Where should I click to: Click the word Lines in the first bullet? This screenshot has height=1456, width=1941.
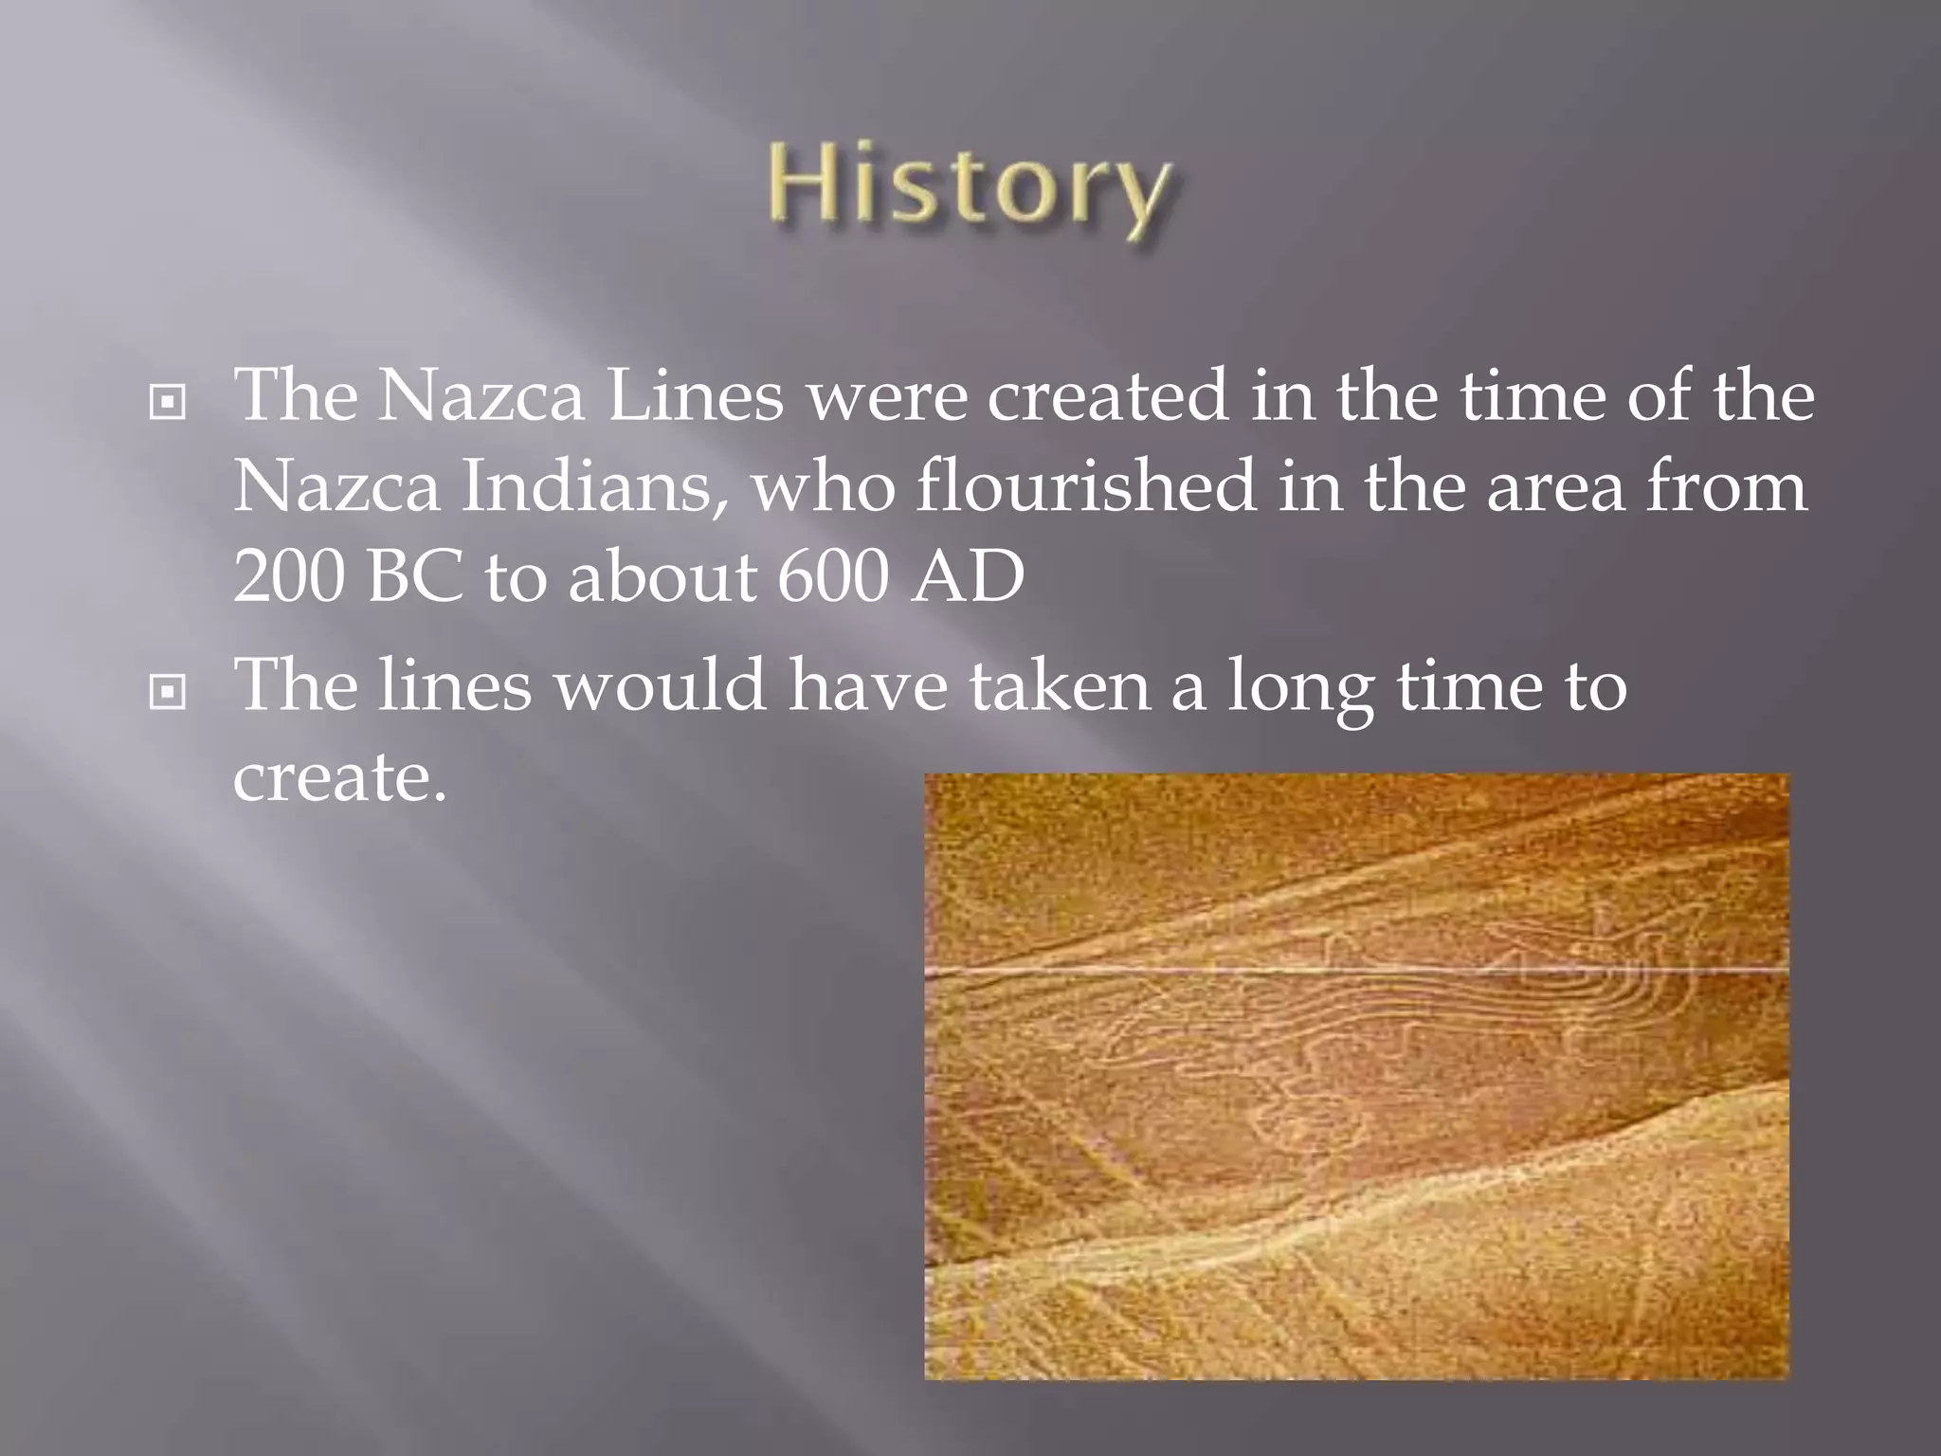pos(695,396)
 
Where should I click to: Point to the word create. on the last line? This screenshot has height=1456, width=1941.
pos(338,777)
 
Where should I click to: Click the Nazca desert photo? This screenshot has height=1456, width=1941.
pos(1356,1076)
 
